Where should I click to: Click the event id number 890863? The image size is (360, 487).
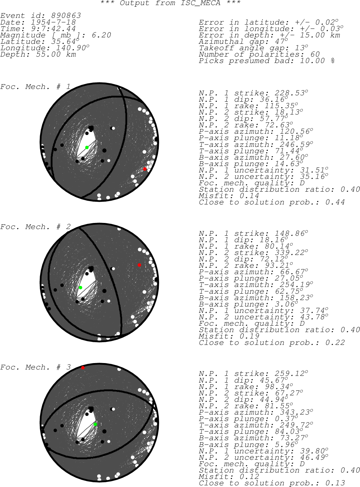pyautogui.click(x=66, y=15)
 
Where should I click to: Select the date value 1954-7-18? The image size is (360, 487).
pyautogui.click(x=53, y=22)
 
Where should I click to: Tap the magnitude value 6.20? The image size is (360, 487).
pyautogui.click(x=101, y=35)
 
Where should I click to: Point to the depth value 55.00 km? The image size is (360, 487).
pyautogui.click(x=56, y=54)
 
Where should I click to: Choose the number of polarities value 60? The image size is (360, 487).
pyautogui.click(x=315, y=54)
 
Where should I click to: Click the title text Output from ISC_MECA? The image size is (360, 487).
pyautogui.click(x=170, y=3)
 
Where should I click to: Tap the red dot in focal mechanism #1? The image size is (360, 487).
pyautogui.click(x=145, y=169)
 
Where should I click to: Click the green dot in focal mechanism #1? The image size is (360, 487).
pyautogui.click(x=87, y=147)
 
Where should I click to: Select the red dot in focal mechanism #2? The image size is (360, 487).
pyautogui.click(x=139, y=265)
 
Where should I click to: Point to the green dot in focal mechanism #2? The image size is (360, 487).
pyautogui.click(x=80, y=288)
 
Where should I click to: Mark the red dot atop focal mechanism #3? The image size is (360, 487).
pyautogui.click(x=83, y=368)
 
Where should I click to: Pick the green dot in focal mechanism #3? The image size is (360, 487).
pyautogui.click(x=96, y=424)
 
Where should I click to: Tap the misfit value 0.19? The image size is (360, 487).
pyautogui.click(x=249, y=336)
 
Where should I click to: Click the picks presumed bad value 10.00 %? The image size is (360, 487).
pyautogui.click(x=317, y=61)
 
